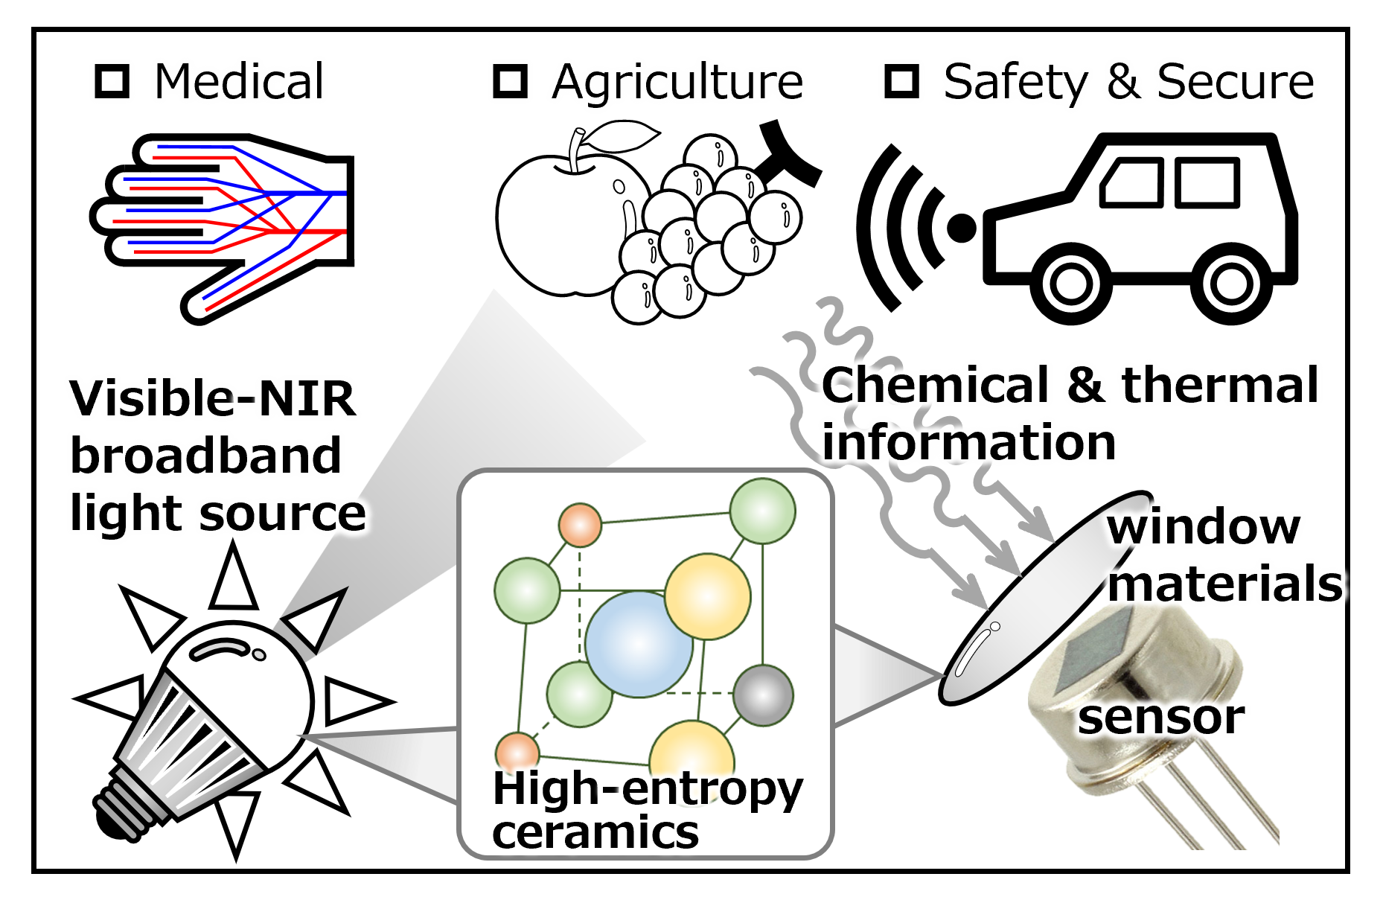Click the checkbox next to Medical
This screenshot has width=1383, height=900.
click(112, 81)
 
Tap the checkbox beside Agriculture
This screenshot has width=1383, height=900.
click(511, 81)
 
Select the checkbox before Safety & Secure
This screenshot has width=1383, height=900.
click(901, 81)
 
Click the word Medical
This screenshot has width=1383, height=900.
click(239, 81)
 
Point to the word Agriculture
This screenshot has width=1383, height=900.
click(677, 82)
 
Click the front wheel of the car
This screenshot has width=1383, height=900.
click(1071, 284)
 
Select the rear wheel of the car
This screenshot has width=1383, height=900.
click(1230, 284)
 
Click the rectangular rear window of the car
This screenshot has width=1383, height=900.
click(1207, 182)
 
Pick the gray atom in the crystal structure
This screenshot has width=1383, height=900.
click(763, 695)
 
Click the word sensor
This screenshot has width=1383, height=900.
click(1160, 718)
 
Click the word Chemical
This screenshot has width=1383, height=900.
click(935, 386)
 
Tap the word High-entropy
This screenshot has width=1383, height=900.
click(648, 789)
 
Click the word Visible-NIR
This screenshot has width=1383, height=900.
click(213, 398)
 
